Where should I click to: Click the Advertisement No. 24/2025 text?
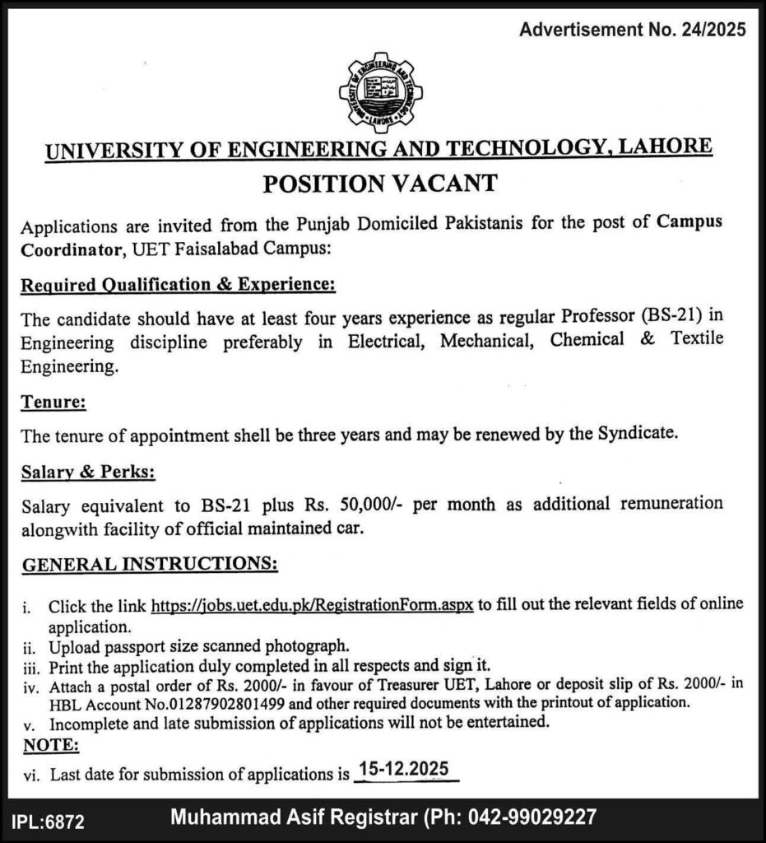tap(633, 31)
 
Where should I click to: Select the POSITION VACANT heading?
tap(380, 183)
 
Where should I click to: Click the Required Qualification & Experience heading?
tap(178, 284)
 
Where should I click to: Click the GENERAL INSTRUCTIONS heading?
tap(149, 566)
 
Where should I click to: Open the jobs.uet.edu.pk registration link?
tap(313, 606)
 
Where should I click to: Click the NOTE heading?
tap(50, 745)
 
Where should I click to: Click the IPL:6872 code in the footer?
tap(49, 820)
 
